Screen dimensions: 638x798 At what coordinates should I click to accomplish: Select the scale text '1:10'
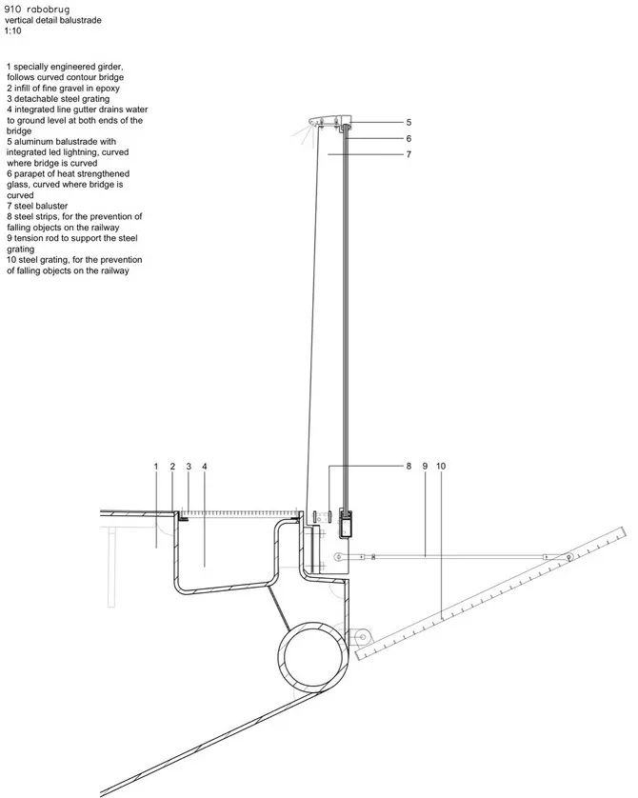pyautogui.click(x=12, y=30)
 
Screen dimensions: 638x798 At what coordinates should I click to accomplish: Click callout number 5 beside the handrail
pyautogui.click(x=409, y=122)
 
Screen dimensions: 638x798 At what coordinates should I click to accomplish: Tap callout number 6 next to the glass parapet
pyautogui.click(x=409, y=138)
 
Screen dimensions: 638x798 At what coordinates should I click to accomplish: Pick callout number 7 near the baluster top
pyautogui.click(x=409, y=154)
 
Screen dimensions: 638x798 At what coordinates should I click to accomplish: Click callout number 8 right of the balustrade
pyautogui.click(x=409, y=466)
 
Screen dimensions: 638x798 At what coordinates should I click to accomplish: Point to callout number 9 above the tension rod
pyautogui.click(x=425, y=466)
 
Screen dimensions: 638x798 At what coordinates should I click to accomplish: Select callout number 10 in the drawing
pyautogui.click(x=441, y=466)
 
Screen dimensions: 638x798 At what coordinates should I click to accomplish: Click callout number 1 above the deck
pyautogui.click(x=156, y=467)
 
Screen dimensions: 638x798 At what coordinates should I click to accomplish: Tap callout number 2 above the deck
pyautogui.click(x=172, y=467)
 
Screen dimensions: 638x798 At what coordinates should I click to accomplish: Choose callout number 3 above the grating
pyautogui.click(x=189, y=467)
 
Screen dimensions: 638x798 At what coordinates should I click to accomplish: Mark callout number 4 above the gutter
pyautogui.click(x=205, y=467)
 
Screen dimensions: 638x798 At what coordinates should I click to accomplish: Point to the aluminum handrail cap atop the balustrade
pyautogui.click(x=329, y=122)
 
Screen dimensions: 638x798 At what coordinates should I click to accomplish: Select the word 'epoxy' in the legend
pyautogui.click(x=107, y=89)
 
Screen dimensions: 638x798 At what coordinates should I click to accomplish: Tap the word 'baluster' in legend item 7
pyautogui.click(x=50, y=206)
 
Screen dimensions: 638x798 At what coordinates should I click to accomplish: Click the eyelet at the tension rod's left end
pyautogui.click(x=338, y=557)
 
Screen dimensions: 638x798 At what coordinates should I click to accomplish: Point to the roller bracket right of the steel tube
pyautogui.click(x=362, y=637)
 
